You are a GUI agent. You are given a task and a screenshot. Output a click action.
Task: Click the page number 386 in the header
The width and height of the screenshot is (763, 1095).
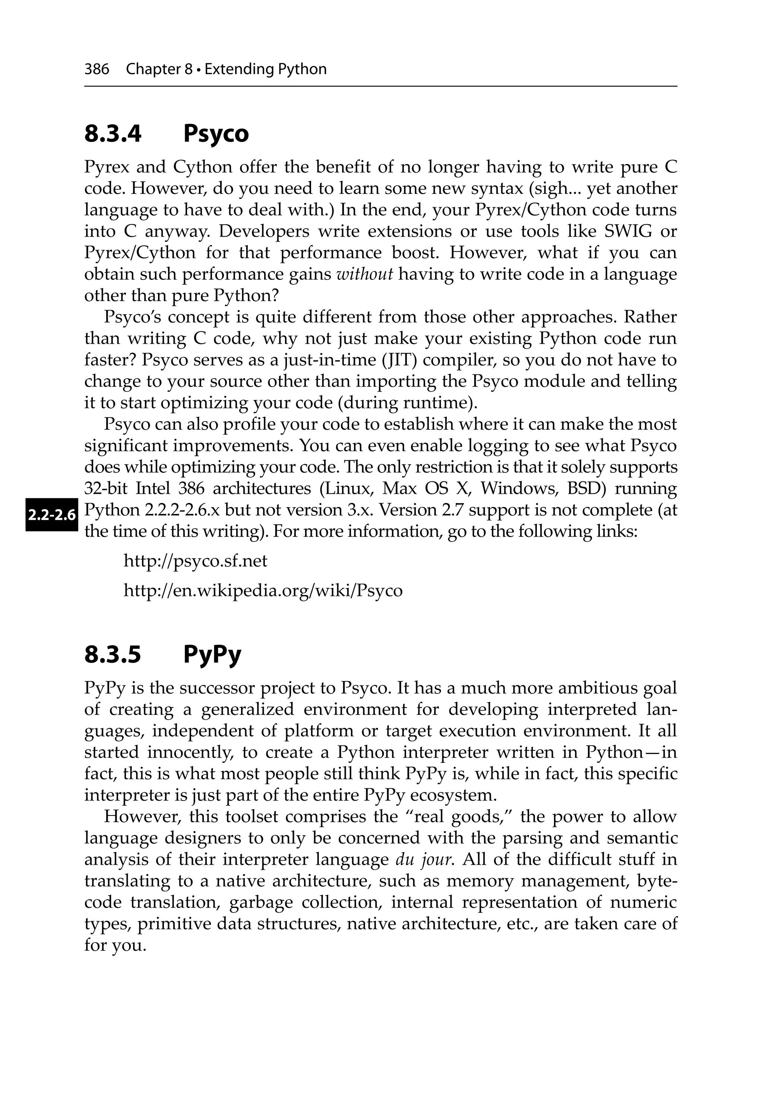[x=97, y=70]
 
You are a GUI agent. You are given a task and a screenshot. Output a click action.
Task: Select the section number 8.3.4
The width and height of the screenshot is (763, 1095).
[x=113, y=133]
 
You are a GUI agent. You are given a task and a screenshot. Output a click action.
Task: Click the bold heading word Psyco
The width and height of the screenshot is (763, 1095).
[x=216, y=133]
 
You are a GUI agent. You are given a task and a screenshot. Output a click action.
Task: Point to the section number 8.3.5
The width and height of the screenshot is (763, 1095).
[x=113, y=654]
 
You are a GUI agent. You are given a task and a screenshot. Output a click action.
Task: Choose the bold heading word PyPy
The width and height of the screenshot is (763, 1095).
[x=212, y=654]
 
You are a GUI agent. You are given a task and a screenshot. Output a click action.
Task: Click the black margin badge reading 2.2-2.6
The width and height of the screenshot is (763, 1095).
[x=51, y=515]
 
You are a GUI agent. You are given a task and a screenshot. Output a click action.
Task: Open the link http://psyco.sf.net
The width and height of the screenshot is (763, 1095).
[x=196, y=561]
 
